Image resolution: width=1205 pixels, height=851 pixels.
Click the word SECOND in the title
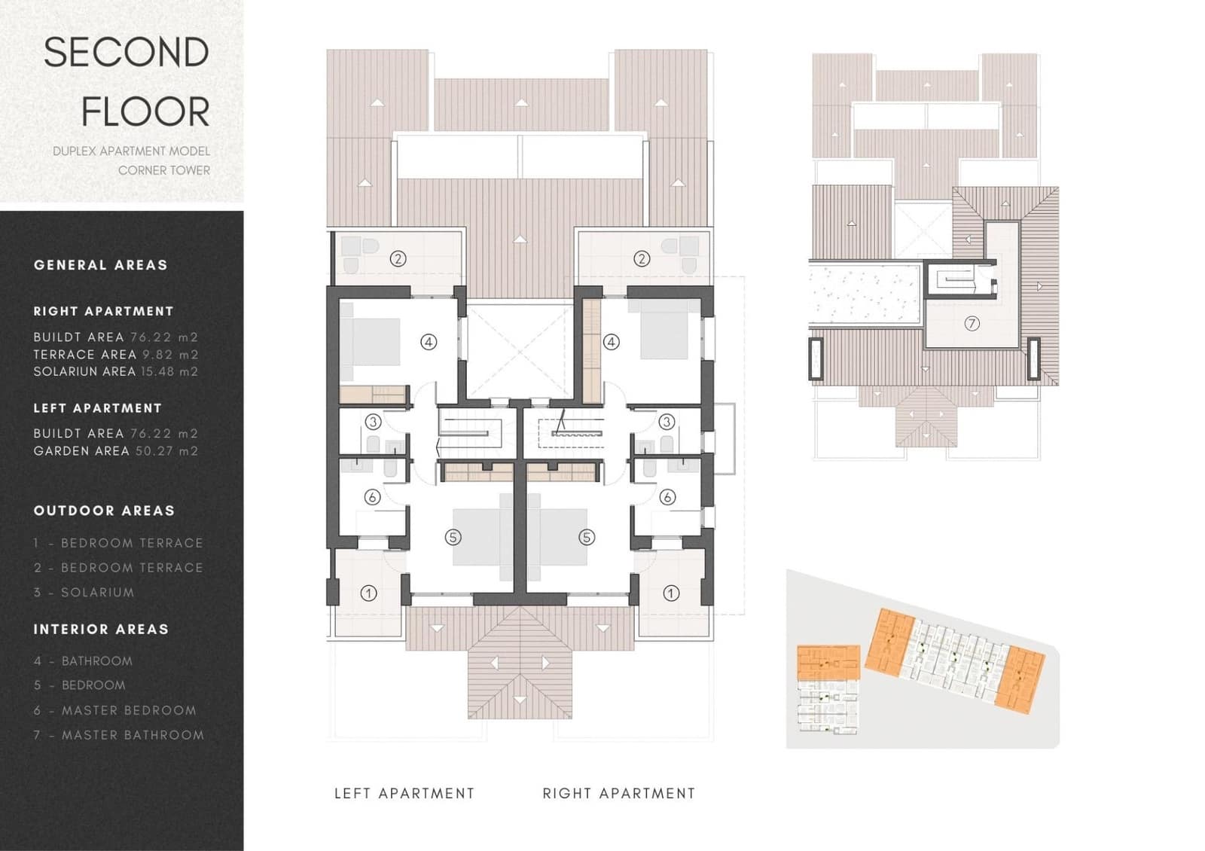coord(126,53)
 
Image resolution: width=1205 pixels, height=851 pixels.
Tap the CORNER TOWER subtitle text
coord(163,170)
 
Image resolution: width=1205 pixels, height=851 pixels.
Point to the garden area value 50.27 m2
coord(166,451)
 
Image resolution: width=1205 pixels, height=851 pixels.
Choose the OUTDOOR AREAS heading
coord(104,511)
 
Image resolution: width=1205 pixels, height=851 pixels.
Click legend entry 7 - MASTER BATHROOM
coord(119,735)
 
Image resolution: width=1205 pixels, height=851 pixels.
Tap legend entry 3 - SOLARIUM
coord(84,593)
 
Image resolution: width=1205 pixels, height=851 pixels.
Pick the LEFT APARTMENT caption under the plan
coord(404,794)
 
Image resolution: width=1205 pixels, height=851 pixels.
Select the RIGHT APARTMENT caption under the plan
coord(619,794)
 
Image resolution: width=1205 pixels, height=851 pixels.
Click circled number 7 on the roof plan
coord(972,324)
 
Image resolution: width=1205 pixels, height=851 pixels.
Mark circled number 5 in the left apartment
coord(453,537)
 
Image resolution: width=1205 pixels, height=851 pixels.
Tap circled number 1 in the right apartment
coord(670,593)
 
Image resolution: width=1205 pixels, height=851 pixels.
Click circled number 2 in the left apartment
coord(398,259)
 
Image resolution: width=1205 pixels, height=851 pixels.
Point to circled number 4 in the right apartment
coord(611,342)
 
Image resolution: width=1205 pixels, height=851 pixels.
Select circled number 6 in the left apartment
coord(372,497)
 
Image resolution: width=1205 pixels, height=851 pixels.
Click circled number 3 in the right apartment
coord(666,422)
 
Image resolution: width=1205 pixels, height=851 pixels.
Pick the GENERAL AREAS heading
coord(100,265)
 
